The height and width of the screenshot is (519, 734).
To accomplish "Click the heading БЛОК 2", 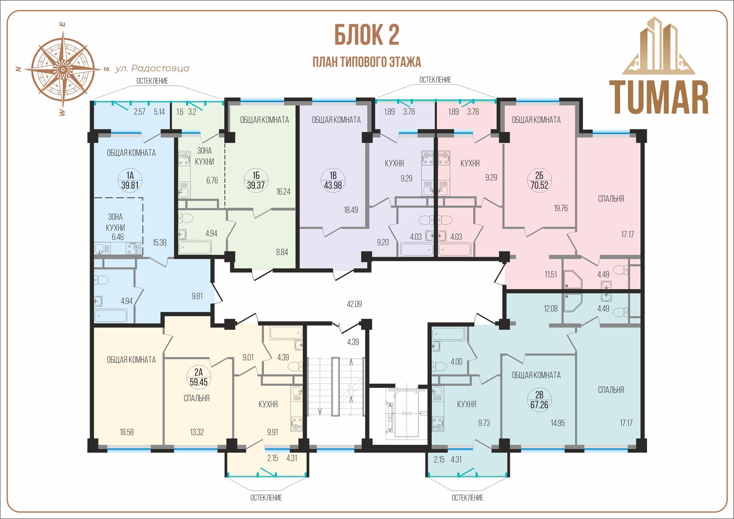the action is pyautogui.click(x=367, y=35).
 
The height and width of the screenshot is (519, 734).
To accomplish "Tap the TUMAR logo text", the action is pyautogui.click(x=659, y=98).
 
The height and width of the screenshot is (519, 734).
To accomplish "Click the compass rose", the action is pyautogui.click(x=62, y=69).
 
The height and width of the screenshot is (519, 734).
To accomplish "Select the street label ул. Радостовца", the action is pyautogui.click(x=152, y=68).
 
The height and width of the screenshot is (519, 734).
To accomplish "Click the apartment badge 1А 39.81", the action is pyautogui.click(x=130, y=180).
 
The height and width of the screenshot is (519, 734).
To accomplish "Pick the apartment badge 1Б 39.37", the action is pyautogui.click(x=256, y=180).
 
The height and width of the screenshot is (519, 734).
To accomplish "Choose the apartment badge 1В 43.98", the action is pyautogui.click(x=333, y=180).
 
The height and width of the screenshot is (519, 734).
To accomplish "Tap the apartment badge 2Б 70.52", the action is pyautogui.click(x=539, y=180).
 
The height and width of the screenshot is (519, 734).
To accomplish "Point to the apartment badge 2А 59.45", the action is pyautogui.click(x=198, y=377).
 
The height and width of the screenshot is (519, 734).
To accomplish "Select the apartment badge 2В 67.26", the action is pyautogui.click(x=539, y=400).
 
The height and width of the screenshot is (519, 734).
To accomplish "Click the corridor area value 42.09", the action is pyautogui.click(x=354, y=304).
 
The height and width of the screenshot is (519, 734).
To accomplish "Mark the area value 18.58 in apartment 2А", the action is pyautogui.click(x=127, y=432).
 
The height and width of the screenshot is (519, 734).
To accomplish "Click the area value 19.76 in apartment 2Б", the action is pyautogui.click(x=561, y=208).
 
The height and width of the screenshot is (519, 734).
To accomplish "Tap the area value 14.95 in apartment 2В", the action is pyautogui.click(x=557, y=423).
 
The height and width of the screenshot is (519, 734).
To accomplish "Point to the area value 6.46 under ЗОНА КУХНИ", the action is pyautogui.click(x=118, y=237).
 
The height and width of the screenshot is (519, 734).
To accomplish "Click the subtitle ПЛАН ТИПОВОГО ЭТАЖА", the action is pyautogui.click(x=367, y=62).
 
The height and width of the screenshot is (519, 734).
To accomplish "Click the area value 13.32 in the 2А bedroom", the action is pyautogui.click(x=197, y=432).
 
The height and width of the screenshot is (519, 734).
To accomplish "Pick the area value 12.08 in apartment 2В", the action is pyautogui.click(x=550, y=308).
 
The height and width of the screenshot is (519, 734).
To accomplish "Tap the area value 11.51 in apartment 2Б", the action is pyautogui.click(x=551, y=274).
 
